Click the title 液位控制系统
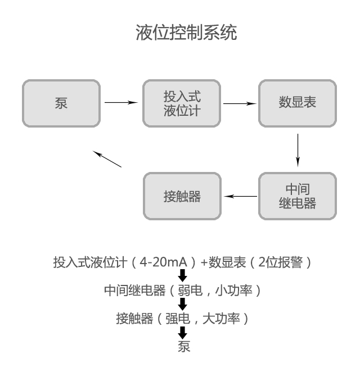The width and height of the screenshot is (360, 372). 186,33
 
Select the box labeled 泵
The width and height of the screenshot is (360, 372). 61,103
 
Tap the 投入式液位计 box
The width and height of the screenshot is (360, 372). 182,103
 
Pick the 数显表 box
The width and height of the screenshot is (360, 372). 297,103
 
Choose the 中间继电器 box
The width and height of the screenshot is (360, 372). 297,196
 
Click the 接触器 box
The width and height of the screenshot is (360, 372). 182,196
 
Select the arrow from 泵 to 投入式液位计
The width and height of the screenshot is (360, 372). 121,102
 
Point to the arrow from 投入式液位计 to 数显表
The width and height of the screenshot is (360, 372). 240,103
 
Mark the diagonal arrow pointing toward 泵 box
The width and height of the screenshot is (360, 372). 107,159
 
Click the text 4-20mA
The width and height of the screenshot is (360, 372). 163,262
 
